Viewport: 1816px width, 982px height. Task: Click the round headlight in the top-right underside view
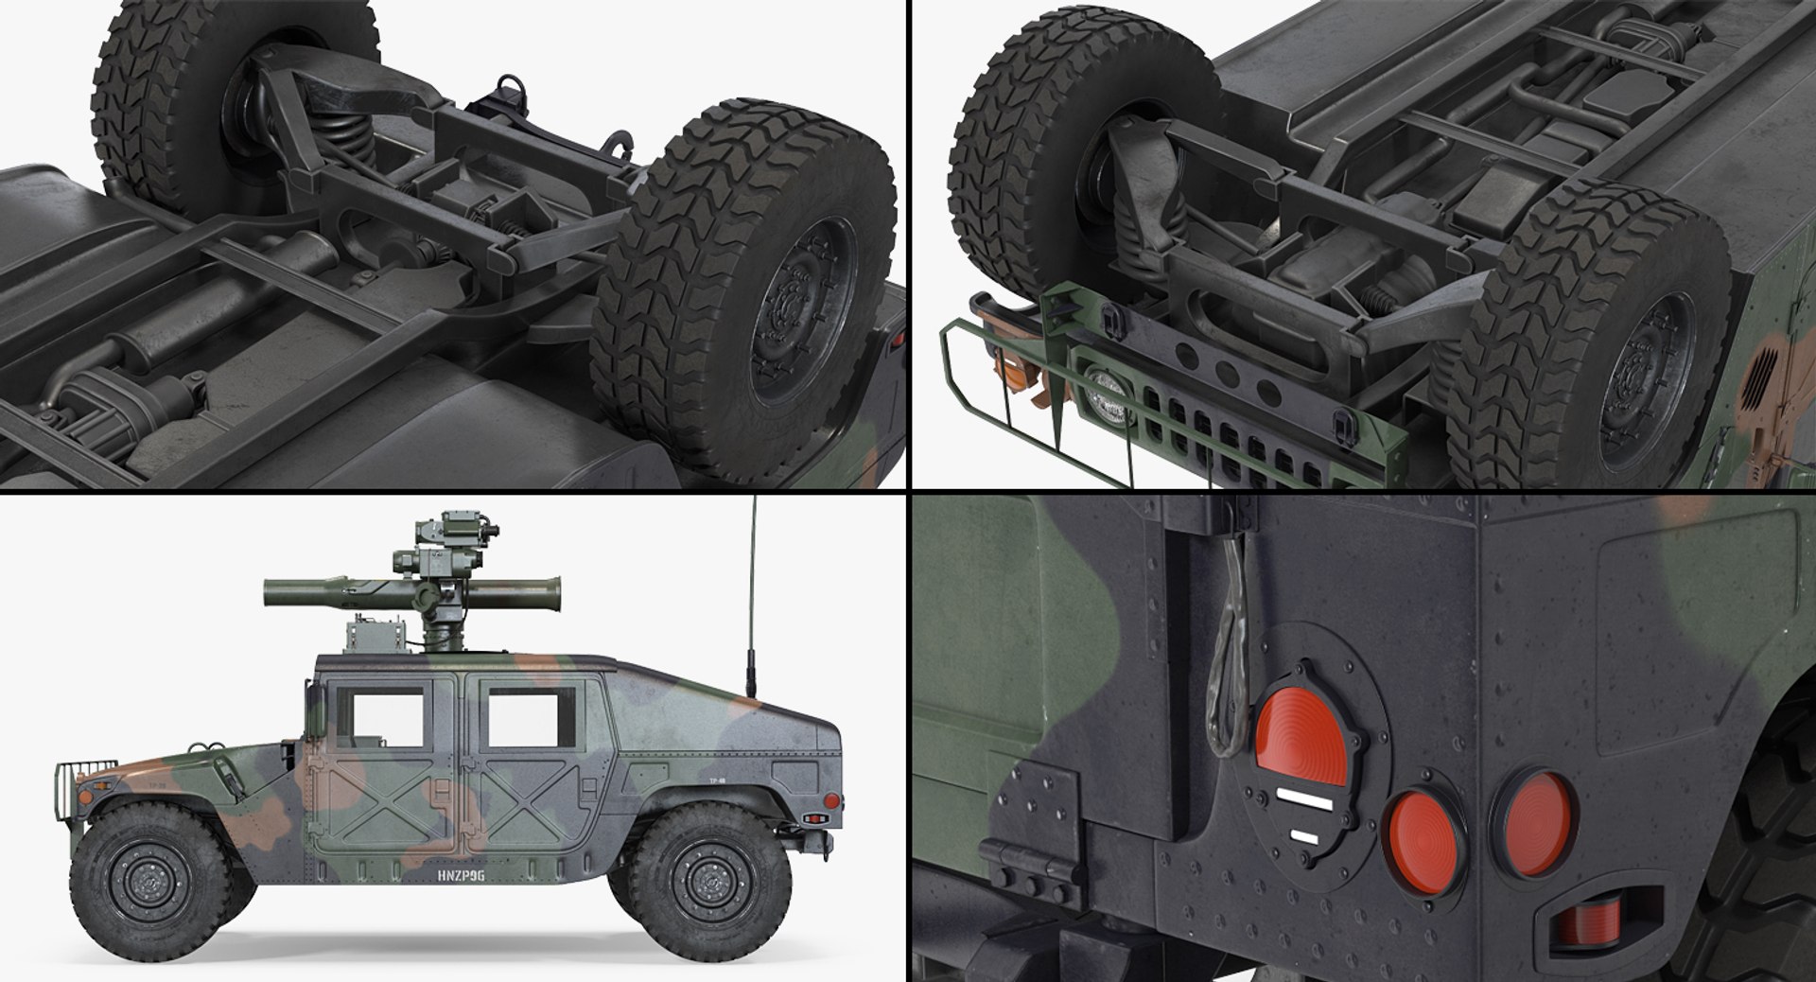[1106, 397]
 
